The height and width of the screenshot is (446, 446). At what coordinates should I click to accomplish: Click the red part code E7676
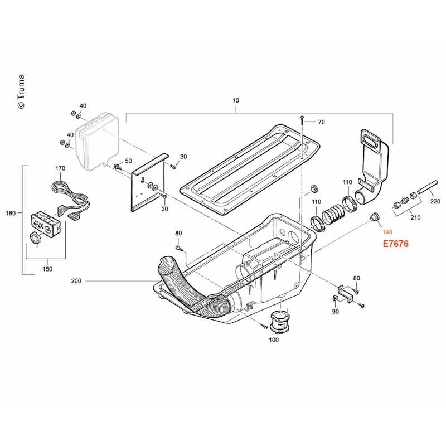[x=395, y=244]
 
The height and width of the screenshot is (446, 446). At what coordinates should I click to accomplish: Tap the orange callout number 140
[x=387, y=232]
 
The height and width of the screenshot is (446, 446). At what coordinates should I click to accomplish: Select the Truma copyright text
[x=21, y=91]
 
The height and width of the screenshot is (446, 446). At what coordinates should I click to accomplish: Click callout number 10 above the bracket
[x=235, y=100]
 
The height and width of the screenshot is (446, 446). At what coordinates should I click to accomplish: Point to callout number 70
[x=321, y=122]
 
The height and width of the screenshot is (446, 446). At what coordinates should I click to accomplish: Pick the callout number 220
[x=435, y=201]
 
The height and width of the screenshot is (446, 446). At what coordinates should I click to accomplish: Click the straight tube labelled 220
[x=428, y=187]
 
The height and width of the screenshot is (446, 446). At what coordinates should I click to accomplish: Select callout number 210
[x=415, y=217]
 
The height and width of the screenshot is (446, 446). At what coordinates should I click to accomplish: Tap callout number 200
[x=76, y=281]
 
